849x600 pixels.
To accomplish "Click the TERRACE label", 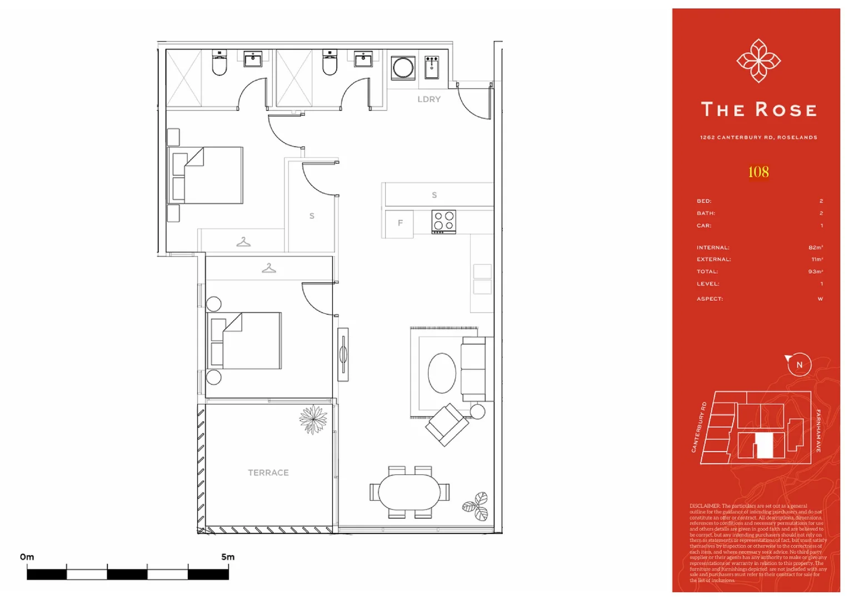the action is click(x=268, y=473).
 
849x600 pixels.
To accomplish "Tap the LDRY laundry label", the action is click(x=429, y=99).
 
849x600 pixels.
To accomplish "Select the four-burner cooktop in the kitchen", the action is click(x=443, y=221).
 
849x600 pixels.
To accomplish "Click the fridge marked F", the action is click(x=399, y=223).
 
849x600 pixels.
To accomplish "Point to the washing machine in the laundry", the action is click(x=403, y=68).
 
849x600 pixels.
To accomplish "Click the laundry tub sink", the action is click(x=432, y=67).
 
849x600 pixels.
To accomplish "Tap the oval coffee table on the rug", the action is click(x=442, y=373).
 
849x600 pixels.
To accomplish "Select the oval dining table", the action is click(x=409, y=492).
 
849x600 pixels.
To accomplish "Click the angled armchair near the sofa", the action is click(x=446, y=425).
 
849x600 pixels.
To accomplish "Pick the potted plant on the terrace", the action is click(x=313, y=419).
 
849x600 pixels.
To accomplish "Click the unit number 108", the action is click(x=758, y=172).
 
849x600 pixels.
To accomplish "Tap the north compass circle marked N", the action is click(x=800, y=365).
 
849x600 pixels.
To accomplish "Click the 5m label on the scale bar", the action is click(x=228, y=557).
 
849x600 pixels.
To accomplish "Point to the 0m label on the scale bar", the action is click(x=27, y=557).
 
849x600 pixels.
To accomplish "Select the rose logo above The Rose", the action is click(x=758, y=61).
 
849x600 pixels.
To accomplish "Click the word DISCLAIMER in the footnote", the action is click(x=705, y=506).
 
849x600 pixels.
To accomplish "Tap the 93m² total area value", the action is click(x=816, y=272).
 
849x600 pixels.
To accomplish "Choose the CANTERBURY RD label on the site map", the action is click(x=699, y=427).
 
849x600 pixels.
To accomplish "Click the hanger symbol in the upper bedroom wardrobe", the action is click(x=243, y=242).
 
